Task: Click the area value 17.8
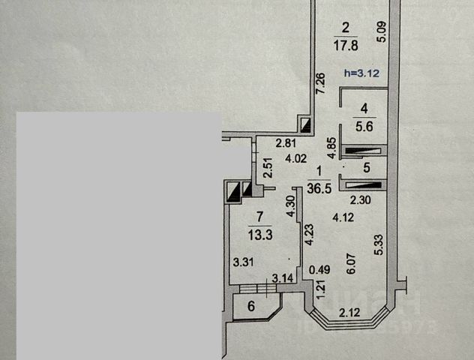tap(346, 43)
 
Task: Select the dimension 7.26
tap(320, 84)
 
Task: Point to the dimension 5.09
tap(382, 31)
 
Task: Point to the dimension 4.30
tap(290, 205)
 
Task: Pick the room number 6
tap(251, 305)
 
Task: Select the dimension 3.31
tap(241, 262)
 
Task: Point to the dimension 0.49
tap(320, 271)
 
